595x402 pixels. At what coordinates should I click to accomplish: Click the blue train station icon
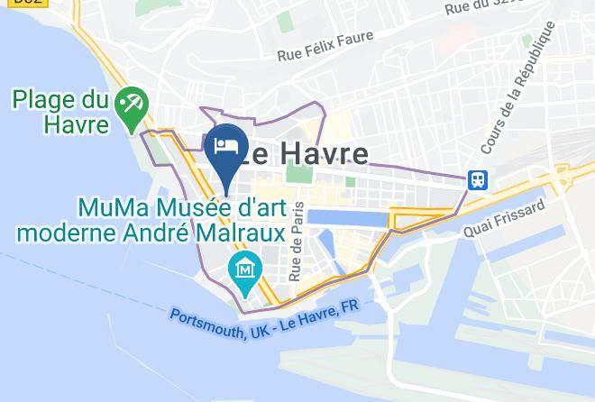click(x=477, y=179)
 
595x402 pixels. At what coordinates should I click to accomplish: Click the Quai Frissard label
click(x=504, y=219)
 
